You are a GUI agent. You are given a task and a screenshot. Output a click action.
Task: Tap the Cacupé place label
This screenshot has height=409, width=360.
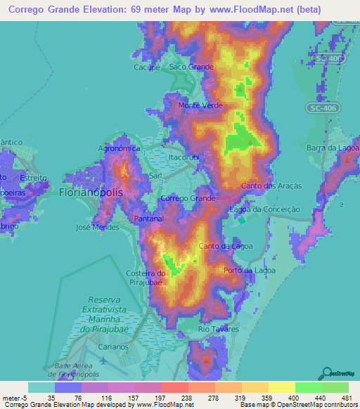point(148,67)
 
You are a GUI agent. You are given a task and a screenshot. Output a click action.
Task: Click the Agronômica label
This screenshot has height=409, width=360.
point(120,149)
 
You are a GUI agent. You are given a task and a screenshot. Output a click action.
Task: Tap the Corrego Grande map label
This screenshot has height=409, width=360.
point(188,199)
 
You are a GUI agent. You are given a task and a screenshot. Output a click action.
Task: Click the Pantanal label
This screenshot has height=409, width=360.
point(149,219)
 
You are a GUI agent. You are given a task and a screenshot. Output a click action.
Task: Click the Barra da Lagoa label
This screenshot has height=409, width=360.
point(333,148)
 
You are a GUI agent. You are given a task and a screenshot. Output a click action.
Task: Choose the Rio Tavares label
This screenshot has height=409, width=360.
point(214,329)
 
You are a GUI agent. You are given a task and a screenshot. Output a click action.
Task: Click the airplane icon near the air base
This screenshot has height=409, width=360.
point(104,361)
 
